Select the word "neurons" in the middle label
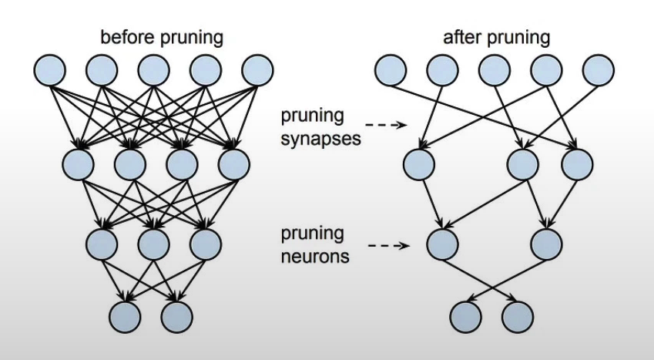click(x=314, y=255)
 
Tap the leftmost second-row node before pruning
click(x=78, y=163)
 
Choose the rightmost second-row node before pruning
click(x=233, y=163)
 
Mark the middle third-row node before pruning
click(x=153, y=244)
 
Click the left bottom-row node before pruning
click(x=125, y=315)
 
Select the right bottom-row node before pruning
click(x=176, y=315)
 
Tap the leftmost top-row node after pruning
click(x=391, y=70)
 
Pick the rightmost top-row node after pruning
click(x=599, y=70)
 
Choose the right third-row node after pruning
click(x=547, y=244)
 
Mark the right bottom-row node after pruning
click(x=518, y=315)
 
